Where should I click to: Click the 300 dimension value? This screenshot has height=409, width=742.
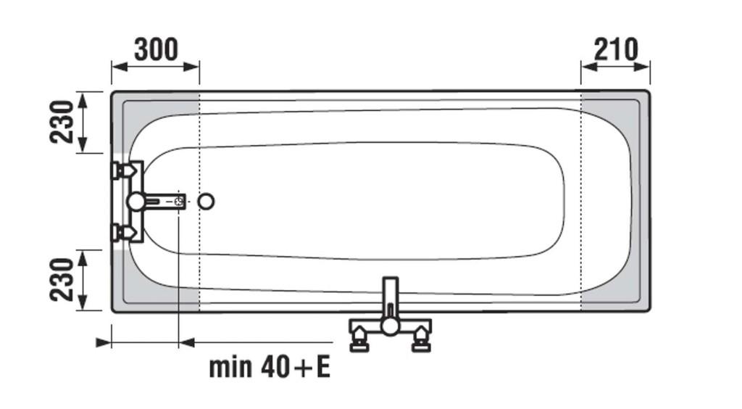157,50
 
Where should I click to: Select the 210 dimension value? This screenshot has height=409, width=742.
616,50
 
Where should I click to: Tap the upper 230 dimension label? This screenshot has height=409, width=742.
62,122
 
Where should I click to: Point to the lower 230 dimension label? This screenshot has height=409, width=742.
62,280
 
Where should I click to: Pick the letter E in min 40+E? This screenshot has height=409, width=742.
323,367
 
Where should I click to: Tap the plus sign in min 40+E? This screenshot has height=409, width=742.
302,368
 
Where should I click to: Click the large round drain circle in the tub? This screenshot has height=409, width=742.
206,202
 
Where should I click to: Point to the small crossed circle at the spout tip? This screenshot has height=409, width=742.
179,201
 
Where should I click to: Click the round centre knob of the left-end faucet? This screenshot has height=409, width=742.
136,202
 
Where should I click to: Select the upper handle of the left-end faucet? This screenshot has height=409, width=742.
124,170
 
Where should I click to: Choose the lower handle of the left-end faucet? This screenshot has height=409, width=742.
124,233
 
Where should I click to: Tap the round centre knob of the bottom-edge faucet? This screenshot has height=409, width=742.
391,326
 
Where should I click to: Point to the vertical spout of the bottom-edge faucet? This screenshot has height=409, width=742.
391,297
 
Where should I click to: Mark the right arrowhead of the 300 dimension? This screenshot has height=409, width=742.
191,66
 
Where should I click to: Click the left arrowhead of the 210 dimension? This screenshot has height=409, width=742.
590,66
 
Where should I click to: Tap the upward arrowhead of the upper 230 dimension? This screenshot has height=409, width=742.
83,100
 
